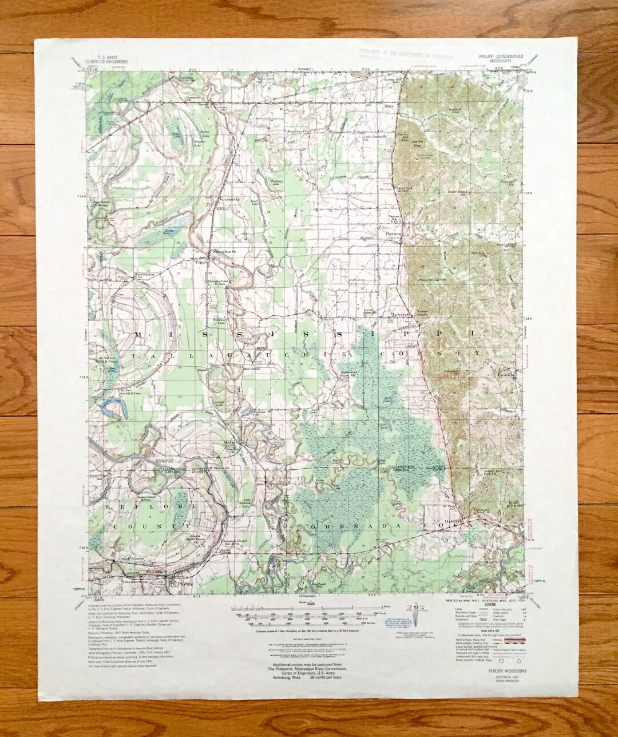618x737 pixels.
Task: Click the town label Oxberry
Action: click(x=450, y=520)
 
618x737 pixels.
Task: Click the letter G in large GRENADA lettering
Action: click(x=314, y=525)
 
